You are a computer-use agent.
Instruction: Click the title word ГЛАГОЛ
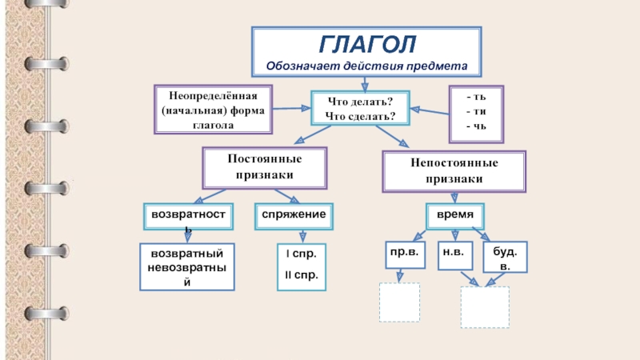coord(367,44)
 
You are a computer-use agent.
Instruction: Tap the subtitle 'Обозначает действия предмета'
coord(367,65)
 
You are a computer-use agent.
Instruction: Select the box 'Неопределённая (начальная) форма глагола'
coord(213,108)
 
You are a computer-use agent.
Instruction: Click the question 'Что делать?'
coord(359,102)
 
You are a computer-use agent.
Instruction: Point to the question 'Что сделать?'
coord(360,116)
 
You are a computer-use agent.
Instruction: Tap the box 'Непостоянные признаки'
coord(454,171)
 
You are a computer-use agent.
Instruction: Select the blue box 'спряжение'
coord(294,214)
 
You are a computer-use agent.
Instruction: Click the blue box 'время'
coord(454,215)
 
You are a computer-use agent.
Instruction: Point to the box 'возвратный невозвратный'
coord(187,266)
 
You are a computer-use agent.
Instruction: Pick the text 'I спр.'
coord(302,254)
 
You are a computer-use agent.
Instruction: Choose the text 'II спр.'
coord(302,275)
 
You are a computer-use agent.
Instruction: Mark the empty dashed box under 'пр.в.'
coord(399,301)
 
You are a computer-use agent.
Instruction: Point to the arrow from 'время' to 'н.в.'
coord(454,234)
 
